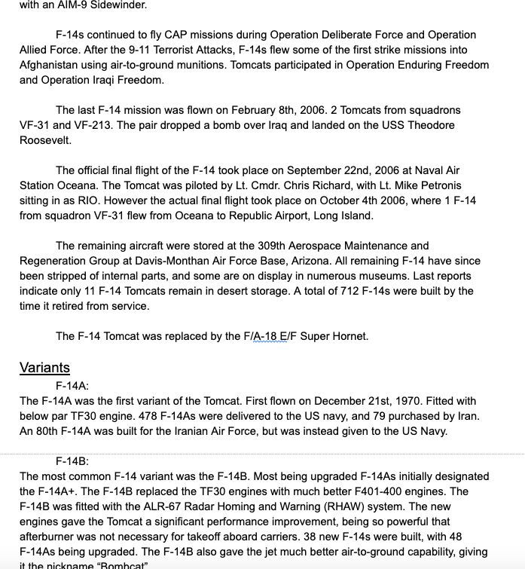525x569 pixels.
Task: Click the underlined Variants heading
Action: pyautogui.click(x=44, y=368)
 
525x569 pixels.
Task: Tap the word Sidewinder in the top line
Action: pyautogui.click(x=118, y=5)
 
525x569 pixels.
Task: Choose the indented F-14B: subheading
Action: pyautogui.click(x=72, y=461)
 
